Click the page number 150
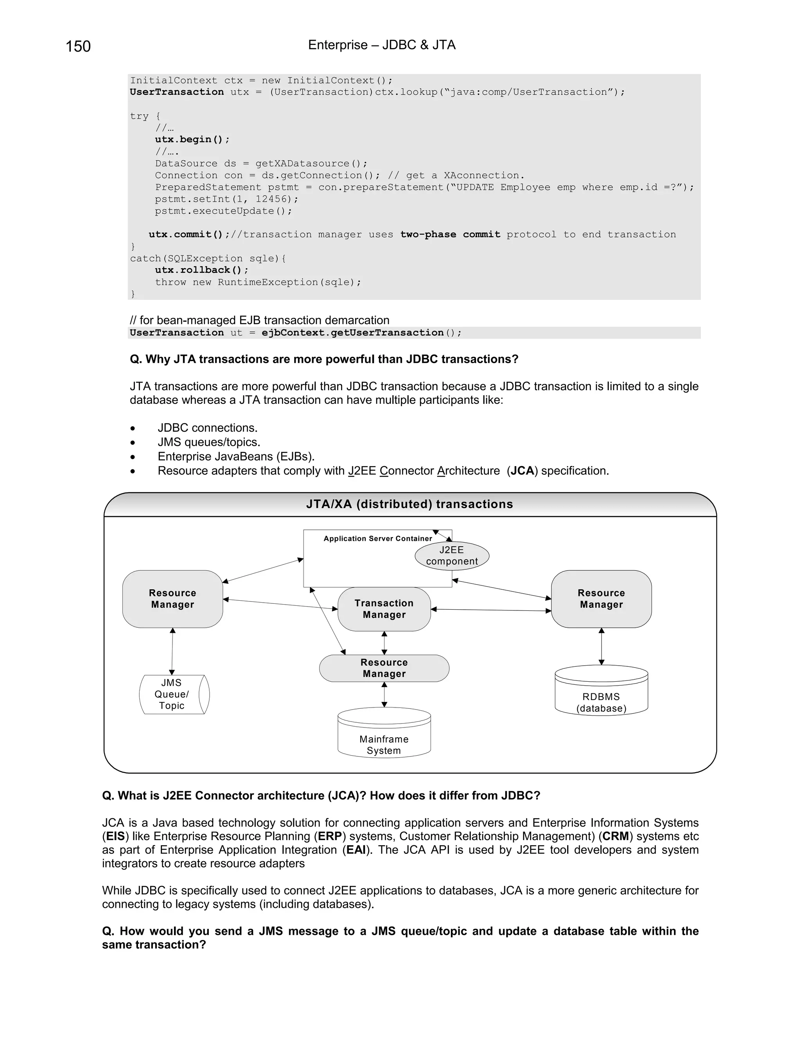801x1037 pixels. click(x=78, y=47)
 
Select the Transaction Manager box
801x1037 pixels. click(x=384, y=609)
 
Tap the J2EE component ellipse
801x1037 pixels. click(x=452, y=556)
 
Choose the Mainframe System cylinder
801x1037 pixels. click(x=384, y=734)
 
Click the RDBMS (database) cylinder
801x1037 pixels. click(x=601, y=691)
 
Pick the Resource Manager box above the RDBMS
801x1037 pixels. click(x=601, y=599)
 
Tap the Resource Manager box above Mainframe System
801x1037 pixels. click(x=384, y=668)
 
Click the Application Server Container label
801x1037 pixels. click(x=378, y=538)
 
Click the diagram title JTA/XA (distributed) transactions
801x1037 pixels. click(x=409, y=504)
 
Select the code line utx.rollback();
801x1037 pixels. click(x=202, y=270)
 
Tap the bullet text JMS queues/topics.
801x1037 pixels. click(x=209, y=442)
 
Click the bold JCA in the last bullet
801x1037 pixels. click(x=523, y=471)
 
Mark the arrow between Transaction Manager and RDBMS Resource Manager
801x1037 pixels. click(x=491, y=610)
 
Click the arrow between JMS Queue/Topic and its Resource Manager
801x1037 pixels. click(x=172, y=652)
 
